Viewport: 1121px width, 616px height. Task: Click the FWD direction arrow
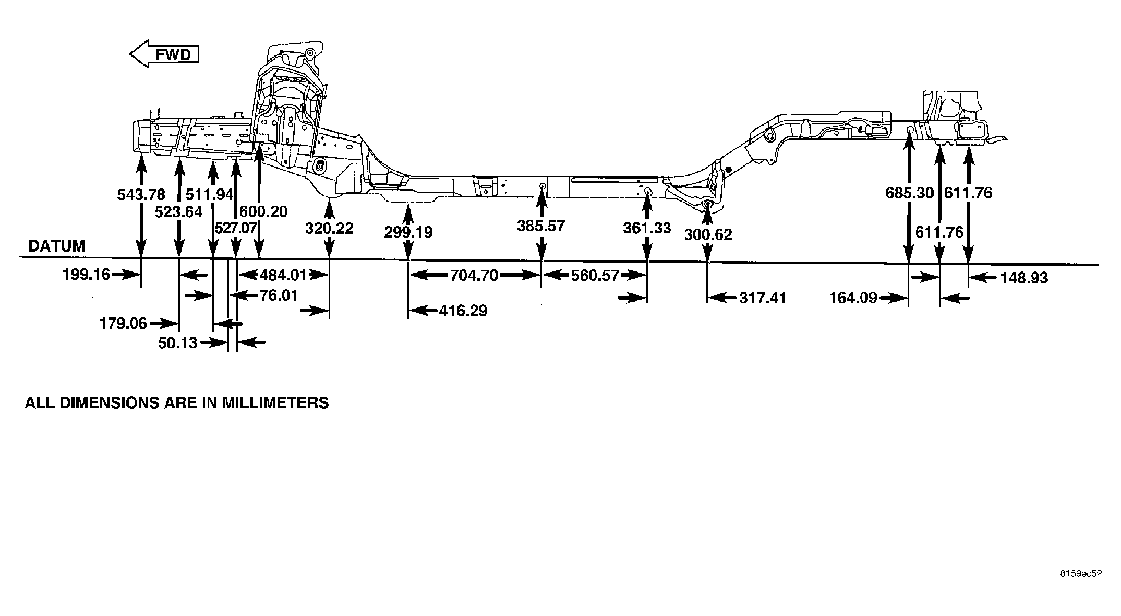point(164,54)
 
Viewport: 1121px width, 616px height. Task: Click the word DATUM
point(57,246)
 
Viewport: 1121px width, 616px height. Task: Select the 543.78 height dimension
point(141,195)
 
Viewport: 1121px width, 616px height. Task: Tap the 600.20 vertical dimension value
point(263,211)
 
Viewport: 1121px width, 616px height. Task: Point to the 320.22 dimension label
point(329,228)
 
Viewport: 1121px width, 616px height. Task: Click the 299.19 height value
point(408,232)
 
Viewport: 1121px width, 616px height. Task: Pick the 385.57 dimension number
point(541,226)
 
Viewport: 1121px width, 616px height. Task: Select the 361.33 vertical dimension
point(647,228)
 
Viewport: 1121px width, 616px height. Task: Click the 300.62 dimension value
point(708,235)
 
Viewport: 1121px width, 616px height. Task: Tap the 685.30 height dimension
point(910,193)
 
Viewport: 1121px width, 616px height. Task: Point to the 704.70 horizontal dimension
point(474,275)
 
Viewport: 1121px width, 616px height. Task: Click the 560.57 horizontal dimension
point(595,275)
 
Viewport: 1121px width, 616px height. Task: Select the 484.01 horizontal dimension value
point(284,275)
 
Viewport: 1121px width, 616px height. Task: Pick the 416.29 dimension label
point(463,311)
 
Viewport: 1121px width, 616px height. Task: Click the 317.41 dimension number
point(763,298)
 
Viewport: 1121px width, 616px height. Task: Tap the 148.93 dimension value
point(1023,278)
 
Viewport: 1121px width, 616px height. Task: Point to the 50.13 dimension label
point(178,343)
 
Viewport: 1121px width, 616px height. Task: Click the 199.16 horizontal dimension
point(87,274)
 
